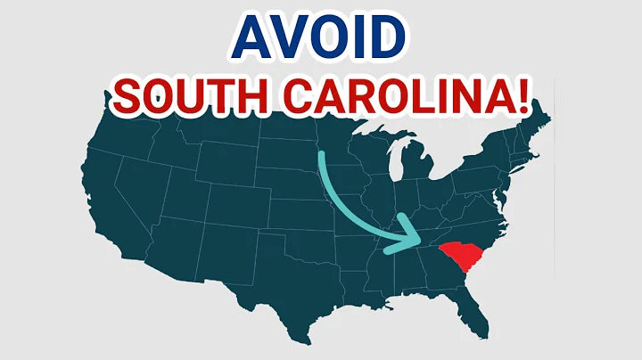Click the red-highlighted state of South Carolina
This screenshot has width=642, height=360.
(x=468, y=258)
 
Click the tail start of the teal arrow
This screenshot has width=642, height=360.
(x=318, y=153)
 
